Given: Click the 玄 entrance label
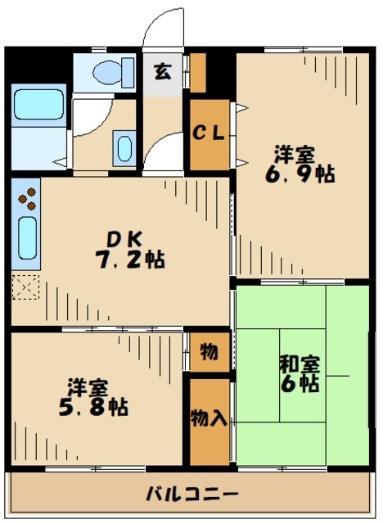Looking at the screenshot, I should (x=164, y=71).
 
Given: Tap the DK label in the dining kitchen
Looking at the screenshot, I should (x=128, y=239).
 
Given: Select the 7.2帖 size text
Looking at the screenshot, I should (x=129, y=260).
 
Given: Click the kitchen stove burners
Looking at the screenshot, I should (x=27, y=199).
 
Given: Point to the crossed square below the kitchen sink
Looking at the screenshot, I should (x=25, y=287).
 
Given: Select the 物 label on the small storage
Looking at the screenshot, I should (x=209, y=352).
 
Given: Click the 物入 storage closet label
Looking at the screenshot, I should (x=209, y=418).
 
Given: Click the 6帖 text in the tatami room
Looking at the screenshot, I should (x=299, y=385).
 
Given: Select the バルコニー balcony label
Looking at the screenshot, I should (x=192, y=495).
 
